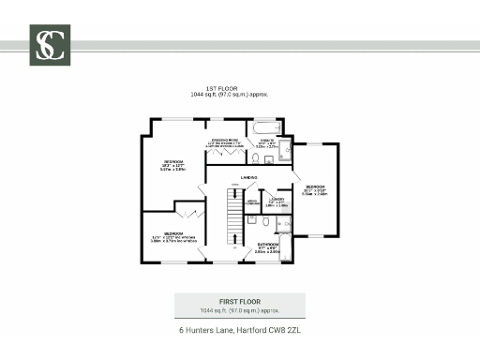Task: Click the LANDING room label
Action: pyautogui.click(x=248, y=177)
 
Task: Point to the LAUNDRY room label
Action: pyautogui.click(x=277, y=199)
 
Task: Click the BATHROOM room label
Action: pyautogui.click(x=268, y=247)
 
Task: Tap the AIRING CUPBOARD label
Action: pyautogui.click(x=252, y=202)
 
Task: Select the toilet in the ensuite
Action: pyautogui.click(x=268, y=160)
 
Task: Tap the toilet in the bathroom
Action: pyautogui.click(x=266, y=222)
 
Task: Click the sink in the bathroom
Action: pyautogui.click(x=252, y=220)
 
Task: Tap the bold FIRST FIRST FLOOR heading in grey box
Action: pyautogui.click(x=239, y=300)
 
